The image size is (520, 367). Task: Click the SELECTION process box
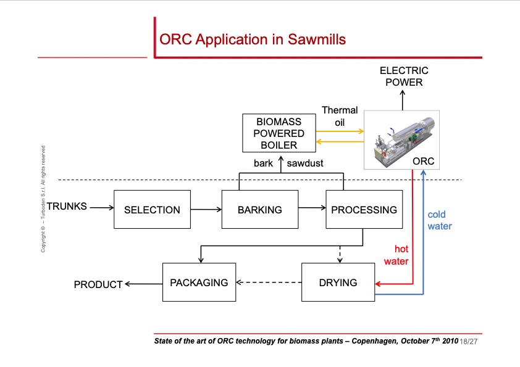pos(152,210)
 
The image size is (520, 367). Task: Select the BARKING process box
pos(259,210)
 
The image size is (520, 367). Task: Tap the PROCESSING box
pos(364,210)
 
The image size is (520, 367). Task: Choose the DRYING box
pos(338,282)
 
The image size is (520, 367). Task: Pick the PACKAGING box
pos(199,282)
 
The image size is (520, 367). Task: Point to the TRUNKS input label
pos(67,206)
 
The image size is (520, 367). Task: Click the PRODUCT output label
pos(98,284)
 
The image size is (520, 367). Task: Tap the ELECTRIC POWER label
pos(404,76)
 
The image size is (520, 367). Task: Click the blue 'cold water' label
pos(440,220)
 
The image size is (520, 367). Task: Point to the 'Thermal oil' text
pos(340,116)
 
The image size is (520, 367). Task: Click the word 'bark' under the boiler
pos(263,163)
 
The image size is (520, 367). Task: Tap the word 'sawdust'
pos(305,163)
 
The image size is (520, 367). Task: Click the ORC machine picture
pos(402,139)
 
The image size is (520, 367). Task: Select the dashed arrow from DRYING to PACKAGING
pos(269,283)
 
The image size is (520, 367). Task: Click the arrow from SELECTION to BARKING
pos(206,210)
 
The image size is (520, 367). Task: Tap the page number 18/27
pos(469,341)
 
